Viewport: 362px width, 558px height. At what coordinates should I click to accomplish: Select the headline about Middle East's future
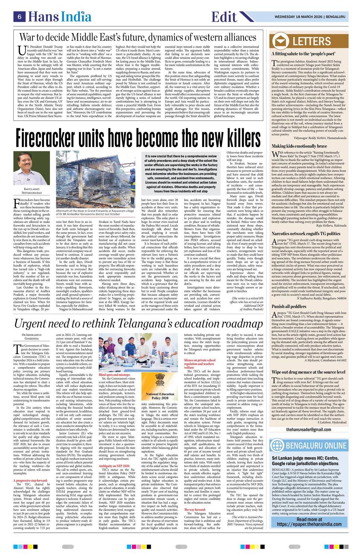(137, 37)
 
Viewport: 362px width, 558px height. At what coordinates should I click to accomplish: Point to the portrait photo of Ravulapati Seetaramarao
(26, 167)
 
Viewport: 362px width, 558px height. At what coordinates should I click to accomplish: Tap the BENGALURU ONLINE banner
(309, 445)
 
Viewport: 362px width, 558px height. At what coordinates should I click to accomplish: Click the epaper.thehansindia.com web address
(309, 524)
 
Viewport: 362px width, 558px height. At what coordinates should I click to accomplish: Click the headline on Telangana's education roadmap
(138, 324)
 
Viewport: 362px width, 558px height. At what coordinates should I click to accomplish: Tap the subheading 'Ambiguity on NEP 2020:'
(114, 466)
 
